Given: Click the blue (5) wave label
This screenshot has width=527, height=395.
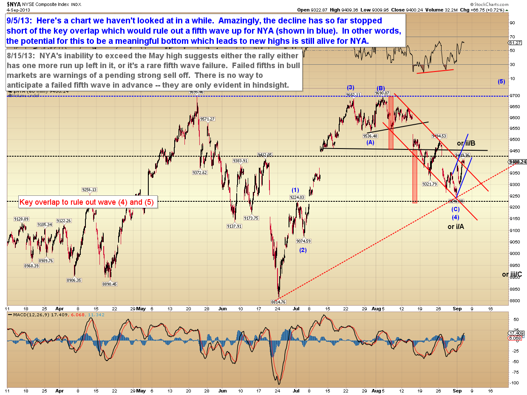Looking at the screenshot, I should point(501,81).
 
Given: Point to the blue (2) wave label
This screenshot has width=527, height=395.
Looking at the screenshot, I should point(303,250).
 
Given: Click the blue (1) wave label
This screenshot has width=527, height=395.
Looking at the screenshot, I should point(295,190).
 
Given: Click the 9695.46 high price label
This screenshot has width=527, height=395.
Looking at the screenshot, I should point(197,92).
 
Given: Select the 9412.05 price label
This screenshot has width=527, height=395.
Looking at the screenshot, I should point(264,155).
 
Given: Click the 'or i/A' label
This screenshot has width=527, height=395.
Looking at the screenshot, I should point(456,226).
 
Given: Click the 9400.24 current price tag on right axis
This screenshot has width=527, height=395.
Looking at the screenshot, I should point(517,162).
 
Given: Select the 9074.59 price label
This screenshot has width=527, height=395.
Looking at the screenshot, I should point(303,241).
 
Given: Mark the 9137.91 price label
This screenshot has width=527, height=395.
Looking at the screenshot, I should point(234,226).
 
